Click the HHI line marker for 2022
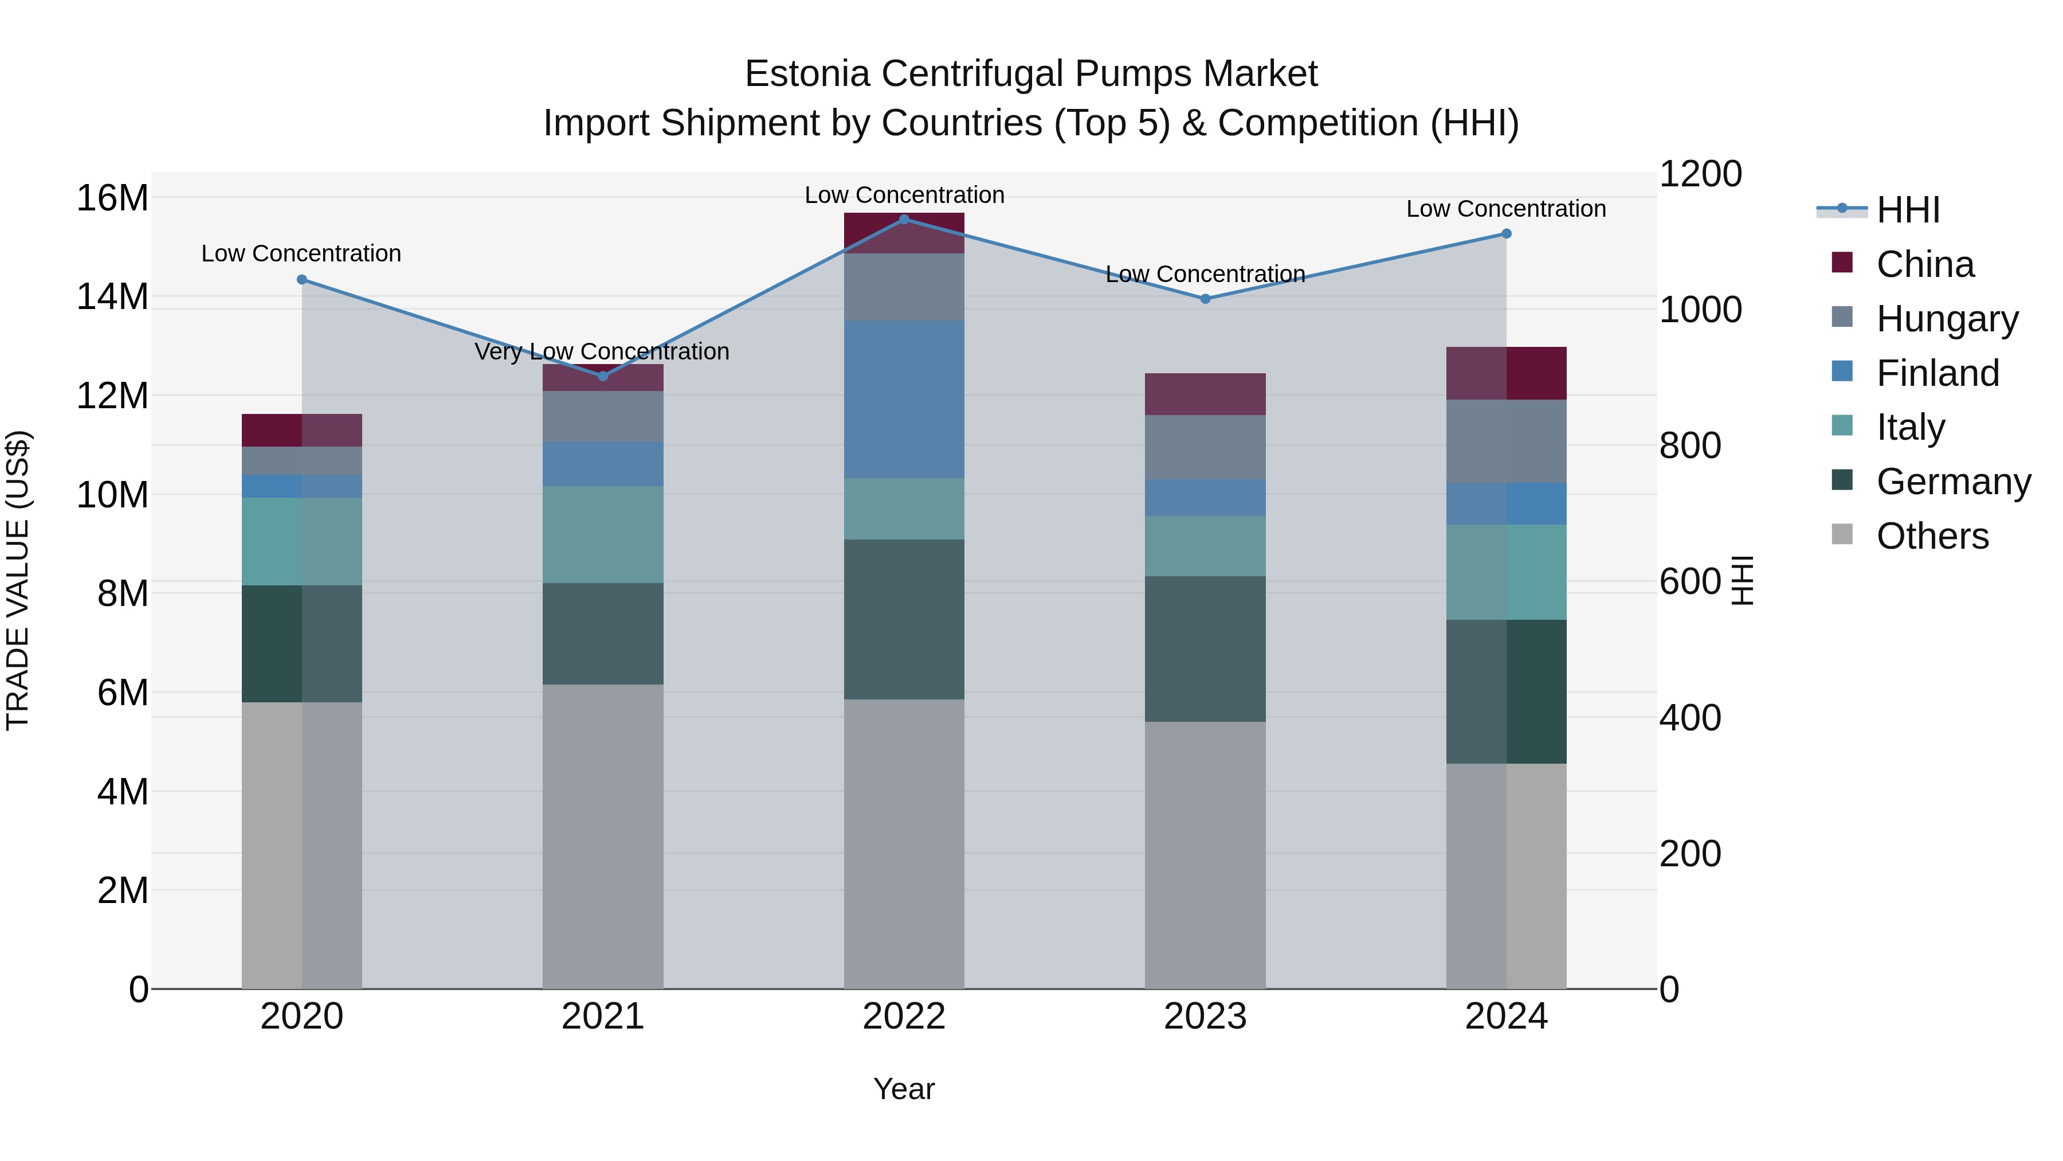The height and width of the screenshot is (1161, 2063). pos(904,219)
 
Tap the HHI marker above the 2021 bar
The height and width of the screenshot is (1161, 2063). pos(603,376)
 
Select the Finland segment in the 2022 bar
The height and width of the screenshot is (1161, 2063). pos(904,399)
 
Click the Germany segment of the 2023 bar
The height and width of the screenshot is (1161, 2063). pos(1205,648)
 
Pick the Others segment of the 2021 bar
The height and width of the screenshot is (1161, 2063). pos(603,836)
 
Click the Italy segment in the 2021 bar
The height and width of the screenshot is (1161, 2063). pos(603,534)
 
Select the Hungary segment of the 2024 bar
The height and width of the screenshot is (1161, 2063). pos(1505,441)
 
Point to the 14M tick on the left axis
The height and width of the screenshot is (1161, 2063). pos(112,296)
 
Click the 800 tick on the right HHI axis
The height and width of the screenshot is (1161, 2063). pos(1690,445)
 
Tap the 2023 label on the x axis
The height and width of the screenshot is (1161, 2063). pos(1205,1017)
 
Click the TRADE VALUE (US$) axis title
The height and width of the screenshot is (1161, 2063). pos(18,580)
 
